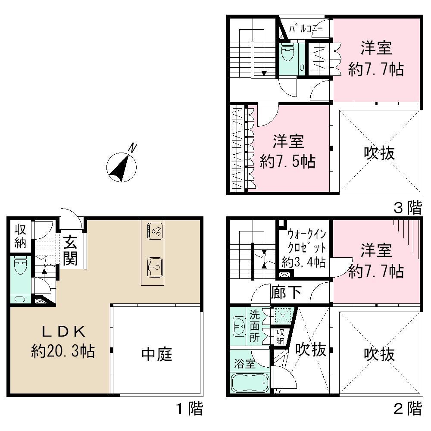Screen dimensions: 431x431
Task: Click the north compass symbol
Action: (x=122, y=166)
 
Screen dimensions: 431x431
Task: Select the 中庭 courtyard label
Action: (x=157, y=354)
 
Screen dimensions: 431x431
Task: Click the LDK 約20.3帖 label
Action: (x=63, y=341)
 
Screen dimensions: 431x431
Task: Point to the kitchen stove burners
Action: (x=155, y=231)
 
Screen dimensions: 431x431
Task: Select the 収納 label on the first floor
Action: (x=20, y=236)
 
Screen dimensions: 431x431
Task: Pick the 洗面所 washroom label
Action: (x=255, y=326)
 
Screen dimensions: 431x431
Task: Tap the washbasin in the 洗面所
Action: (x=238, y=326)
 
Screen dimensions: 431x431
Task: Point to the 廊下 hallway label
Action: (x=286, y=292)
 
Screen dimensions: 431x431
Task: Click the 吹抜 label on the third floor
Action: (x=379, y=153)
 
